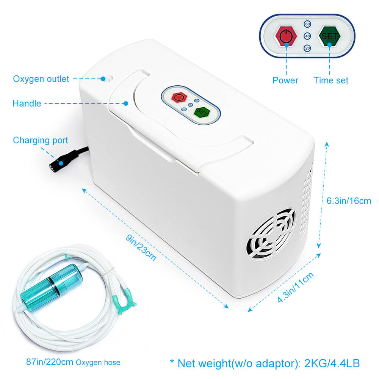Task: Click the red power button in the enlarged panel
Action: pyautogui.click(x=286, y=36)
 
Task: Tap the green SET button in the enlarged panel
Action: pyautogui.click(x=329, y=36)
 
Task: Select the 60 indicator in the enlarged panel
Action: pyautogui.click(x=307, y=24)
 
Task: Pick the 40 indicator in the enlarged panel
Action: pyautogui.click(x=307, y=36)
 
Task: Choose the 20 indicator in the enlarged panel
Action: pyautogui.click(x=307, y=48)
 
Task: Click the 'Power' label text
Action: pyautogui.click(x=285, y=80)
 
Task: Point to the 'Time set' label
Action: pyautogui.click(x=330, y=80)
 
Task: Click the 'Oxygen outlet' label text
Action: pyautogui.click(x=41, y=79)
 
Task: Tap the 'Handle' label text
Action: pyautogui.click(x=27, y=103)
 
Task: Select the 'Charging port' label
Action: pyautogui.click(x=41, y=140)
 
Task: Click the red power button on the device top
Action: pyautogui.click(x=179, y=97)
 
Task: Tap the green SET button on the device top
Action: pyautogui.click(x=202, y=113)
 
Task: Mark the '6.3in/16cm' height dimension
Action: pyautogui.click(x=349, y=200)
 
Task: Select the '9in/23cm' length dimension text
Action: pyautogui.click(x=141, y=247)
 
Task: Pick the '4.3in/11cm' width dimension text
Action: pyautogui.click(x=295, y=287)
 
